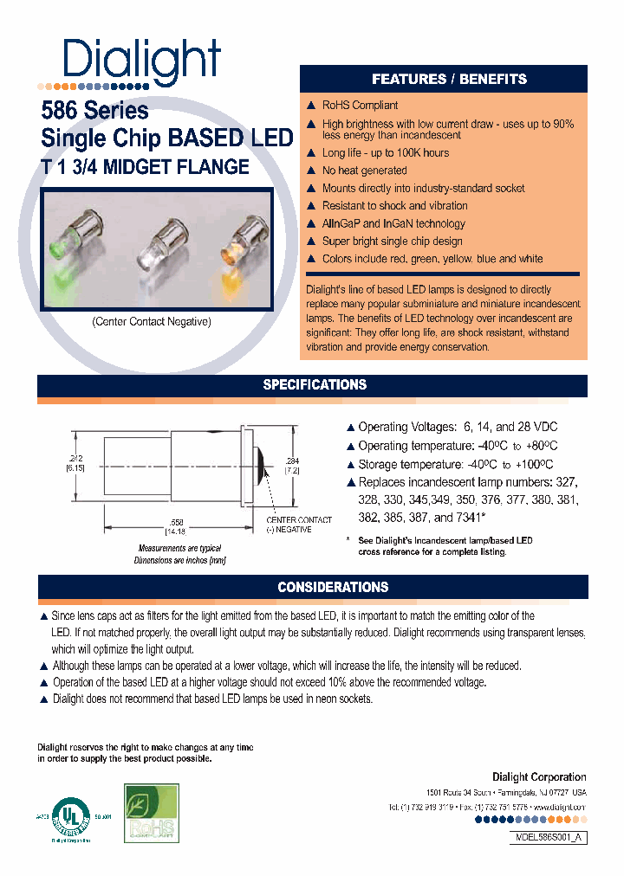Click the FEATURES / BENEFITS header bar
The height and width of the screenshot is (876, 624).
tap(449, 79)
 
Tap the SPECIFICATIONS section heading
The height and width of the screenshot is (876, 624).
tap(315, 384)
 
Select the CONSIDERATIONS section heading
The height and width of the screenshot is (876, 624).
tap(333, 587)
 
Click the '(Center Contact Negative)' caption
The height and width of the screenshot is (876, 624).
tap(152, 321)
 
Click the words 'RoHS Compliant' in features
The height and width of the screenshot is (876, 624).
tap(360, 106)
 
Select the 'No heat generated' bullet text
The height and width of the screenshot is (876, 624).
tap(364, 171)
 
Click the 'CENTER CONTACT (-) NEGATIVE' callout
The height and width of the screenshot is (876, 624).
tap(299, 525)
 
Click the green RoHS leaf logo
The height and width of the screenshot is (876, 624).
tap(152, 814)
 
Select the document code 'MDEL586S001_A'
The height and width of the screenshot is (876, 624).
tap(545, 838)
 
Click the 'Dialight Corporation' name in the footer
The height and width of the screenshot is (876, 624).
tap(539, 777)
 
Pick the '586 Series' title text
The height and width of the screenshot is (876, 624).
tap(95, 111)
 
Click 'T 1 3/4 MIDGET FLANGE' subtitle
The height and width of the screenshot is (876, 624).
tap(146, 167)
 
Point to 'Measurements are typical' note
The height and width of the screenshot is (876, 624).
tap(179, 548)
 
